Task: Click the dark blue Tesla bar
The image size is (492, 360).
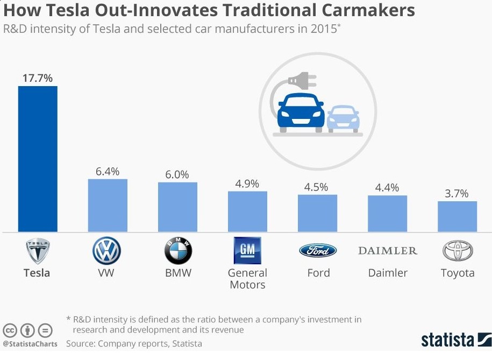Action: (38, 159)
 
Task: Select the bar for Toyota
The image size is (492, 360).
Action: (457, 216)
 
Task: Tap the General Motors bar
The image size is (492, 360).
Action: (247, 211)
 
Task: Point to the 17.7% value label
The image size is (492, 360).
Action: (38, 78)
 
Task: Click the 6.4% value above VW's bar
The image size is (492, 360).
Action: (108, 172)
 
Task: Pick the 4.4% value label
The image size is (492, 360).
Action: (387, 188)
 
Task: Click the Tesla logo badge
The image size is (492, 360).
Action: (38, 250)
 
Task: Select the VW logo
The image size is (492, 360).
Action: (107, 250)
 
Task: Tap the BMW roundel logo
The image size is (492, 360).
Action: (177, 251)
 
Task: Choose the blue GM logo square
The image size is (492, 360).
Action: (247, 250)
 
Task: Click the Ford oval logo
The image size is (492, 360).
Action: (318, 250)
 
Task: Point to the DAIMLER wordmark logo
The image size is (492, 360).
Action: (387, 250)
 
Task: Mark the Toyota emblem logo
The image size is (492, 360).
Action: (457, 251)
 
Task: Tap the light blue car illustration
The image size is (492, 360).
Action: (343, 118)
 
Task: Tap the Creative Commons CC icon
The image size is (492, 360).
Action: (10, 330)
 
